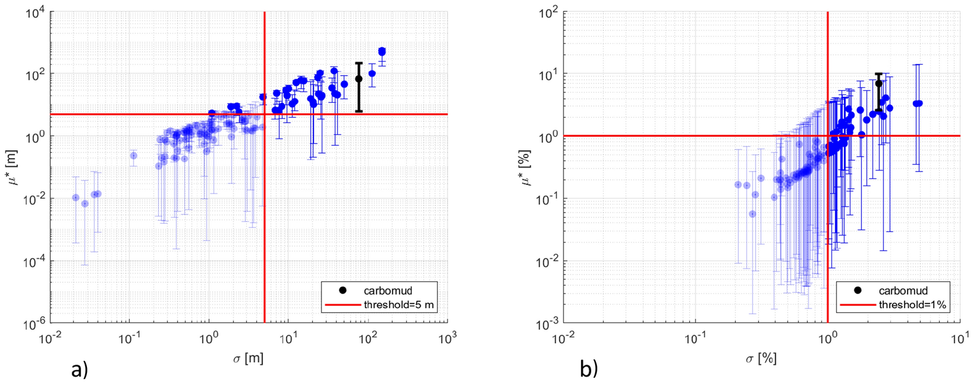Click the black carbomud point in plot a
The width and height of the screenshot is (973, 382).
359,79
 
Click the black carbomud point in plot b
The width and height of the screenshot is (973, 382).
879,84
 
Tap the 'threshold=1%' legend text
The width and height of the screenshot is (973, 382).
912,304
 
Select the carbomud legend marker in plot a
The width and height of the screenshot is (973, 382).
342,290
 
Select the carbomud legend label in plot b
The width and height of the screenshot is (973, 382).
903,291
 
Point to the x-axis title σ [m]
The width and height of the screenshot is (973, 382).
248,359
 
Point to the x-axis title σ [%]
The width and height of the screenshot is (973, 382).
761,359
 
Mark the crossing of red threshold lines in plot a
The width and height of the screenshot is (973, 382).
265,114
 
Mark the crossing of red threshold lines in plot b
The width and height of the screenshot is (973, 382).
828,136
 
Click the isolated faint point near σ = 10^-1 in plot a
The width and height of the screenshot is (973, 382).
133,156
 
